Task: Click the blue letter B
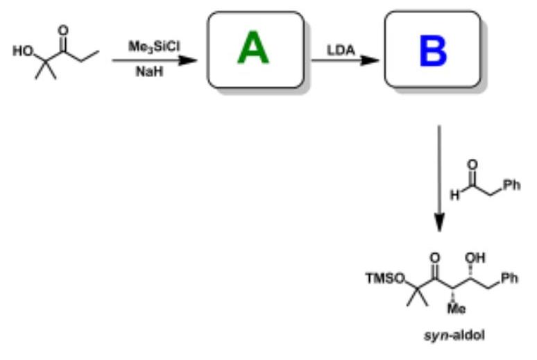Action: (432, 50)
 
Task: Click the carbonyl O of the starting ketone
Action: (64, 30)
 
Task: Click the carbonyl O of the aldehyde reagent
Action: (472, 164)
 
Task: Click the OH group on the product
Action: (475, 258)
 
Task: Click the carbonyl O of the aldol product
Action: (434, 258)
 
